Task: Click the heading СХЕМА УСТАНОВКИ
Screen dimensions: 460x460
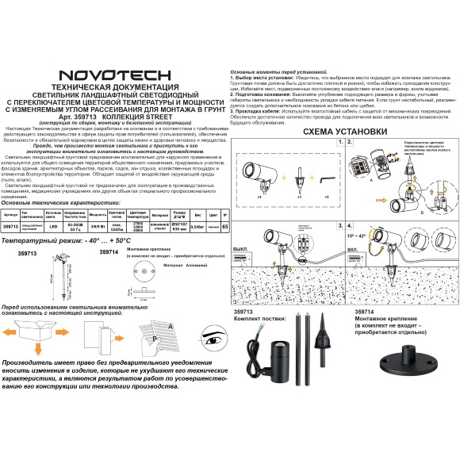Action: [x=341, y=132]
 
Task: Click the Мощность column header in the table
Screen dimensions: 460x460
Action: [x=98, y=214]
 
